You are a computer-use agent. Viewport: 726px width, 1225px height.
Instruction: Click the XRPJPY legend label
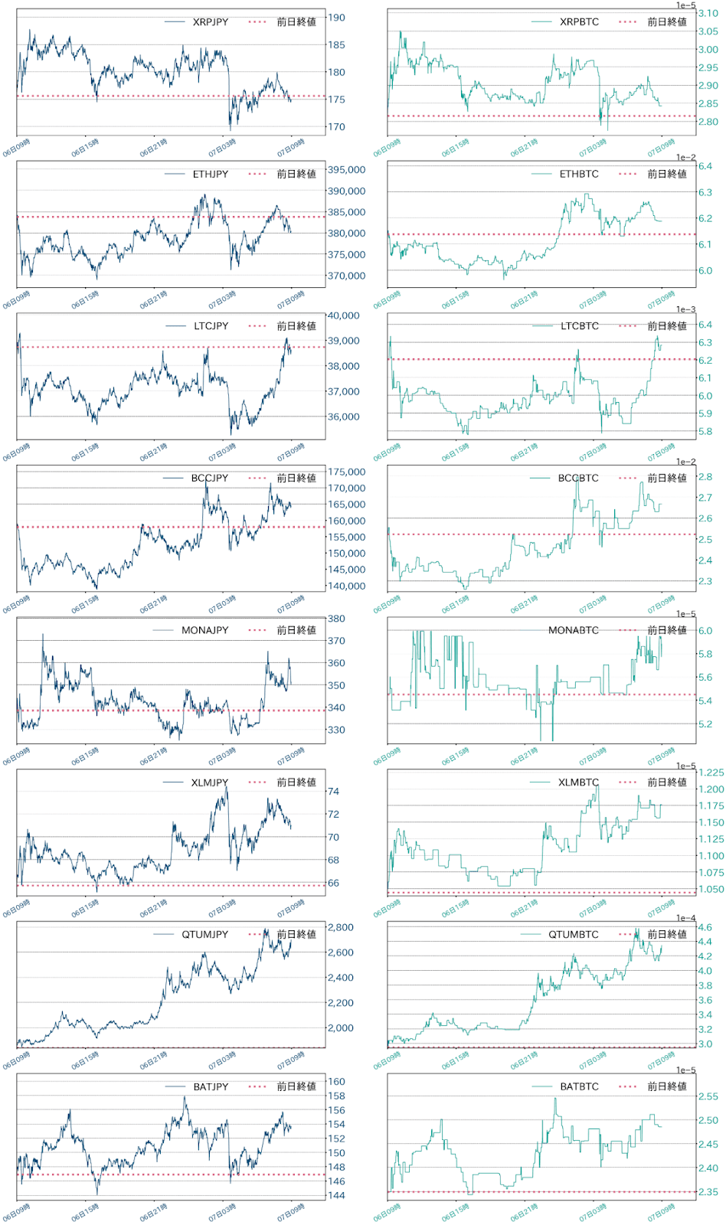tap(210, 22)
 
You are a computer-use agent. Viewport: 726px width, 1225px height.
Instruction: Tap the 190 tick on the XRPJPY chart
tap(336, 18)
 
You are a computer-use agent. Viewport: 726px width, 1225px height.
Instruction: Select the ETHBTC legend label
tap(579, 175)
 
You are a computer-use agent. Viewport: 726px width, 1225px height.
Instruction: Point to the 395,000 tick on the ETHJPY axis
tap(346, 170)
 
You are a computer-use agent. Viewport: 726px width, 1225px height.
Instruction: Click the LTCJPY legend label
tap(211, 326)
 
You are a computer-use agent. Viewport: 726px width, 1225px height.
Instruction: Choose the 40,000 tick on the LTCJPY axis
tap(343, 315)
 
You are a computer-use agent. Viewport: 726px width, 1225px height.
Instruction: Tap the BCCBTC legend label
tap(578, 479)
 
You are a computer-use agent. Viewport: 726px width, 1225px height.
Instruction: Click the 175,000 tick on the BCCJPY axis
tap(346, 472)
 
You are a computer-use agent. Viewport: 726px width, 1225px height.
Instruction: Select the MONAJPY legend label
tap(204, 631)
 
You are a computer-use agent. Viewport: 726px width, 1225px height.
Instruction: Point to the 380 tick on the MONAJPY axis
tap(336, 619)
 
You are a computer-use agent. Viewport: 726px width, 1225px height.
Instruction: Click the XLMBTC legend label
tap(578, 782)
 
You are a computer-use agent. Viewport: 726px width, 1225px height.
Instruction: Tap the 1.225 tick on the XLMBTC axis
tap(711, 773)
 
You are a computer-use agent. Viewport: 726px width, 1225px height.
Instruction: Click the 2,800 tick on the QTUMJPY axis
tap(340, 927)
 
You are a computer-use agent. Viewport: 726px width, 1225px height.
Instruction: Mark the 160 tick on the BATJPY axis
tap(336, 1082)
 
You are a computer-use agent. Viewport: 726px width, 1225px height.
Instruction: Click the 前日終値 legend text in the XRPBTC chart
tap(666, 22)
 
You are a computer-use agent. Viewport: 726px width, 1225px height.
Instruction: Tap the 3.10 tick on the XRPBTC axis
tap(708, 14)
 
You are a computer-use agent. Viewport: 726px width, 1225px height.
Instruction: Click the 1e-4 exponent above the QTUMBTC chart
tap(685, 918)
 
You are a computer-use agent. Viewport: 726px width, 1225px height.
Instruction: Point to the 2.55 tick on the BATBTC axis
tap(708, 1097)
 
